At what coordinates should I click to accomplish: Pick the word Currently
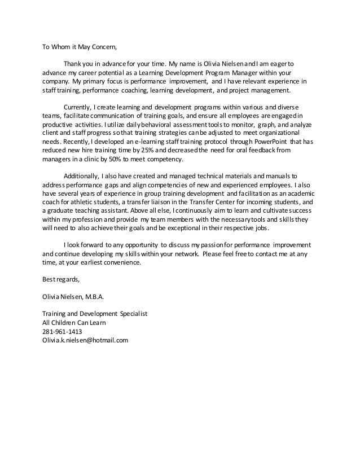[79, 106]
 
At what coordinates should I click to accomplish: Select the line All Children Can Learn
[74, 323]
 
